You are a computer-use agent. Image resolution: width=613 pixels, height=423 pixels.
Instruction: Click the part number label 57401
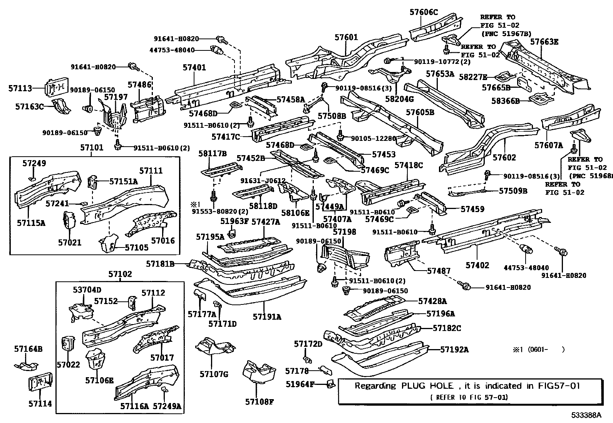pyautogui.click(x=194, y=68)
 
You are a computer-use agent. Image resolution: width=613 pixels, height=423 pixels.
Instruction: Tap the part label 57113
pyautogui.click(x=20, y=88)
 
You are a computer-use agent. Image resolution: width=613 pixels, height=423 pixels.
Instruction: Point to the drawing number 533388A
pyautogui.click(x=586, y=415)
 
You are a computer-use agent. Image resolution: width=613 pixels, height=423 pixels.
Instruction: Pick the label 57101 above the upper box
pyautogui.click(x=92, y=148)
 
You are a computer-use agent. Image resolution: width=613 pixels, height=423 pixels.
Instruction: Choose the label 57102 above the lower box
pyautogui.click(x=120, y=274)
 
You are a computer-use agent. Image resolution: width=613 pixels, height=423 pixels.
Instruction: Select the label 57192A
pyautogui.click(x=454, y=349)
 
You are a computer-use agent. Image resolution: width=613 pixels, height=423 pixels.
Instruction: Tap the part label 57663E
pyautogui.click(x=544, y=42)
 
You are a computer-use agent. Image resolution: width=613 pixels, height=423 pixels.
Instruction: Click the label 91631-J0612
pyautogui.click(x=263, y=181)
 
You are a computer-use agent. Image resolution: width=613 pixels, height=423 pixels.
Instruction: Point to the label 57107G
pyautogui.click(x=214, y=374)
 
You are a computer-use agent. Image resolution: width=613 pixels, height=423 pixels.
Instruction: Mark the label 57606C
pyautogui.click(x=424, y=12)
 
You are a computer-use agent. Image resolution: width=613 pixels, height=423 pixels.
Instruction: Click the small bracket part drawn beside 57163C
pyautogui.click(x=62, y=107)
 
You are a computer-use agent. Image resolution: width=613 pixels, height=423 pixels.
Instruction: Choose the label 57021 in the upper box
pyautogui.click(x=70, y=242)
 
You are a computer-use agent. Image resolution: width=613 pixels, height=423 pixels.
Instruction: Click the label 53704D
pyautogui.click(x=87, y=289)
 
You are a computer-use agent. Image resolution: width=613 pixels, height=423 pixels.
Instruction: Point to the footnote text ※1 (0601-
pyautogui.click(x=538, y=349)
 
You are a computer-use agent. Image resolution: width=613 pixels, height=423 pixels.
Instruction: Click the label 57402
pyautogui.click(x=477, y=265)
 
